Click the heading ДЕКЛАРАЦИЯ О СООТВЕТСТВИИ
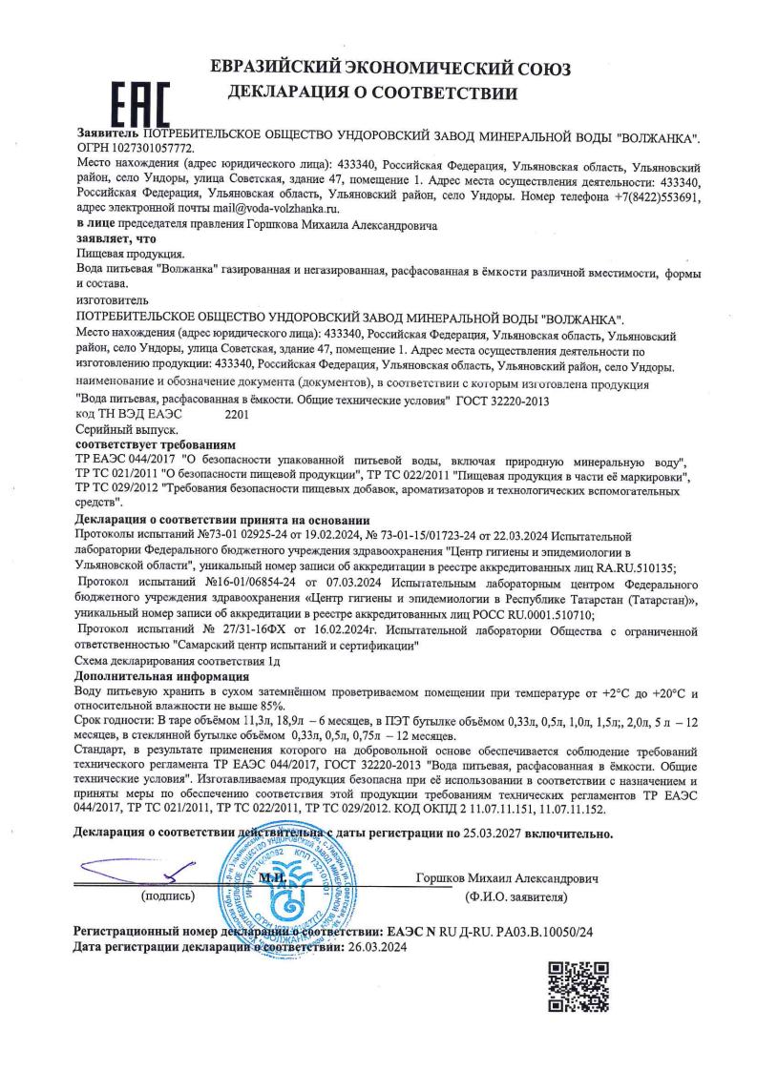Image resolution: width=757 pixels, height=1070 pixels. coord(372,94)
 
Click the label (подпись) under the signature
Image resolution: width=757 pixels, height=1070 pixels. coord(165,896)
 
